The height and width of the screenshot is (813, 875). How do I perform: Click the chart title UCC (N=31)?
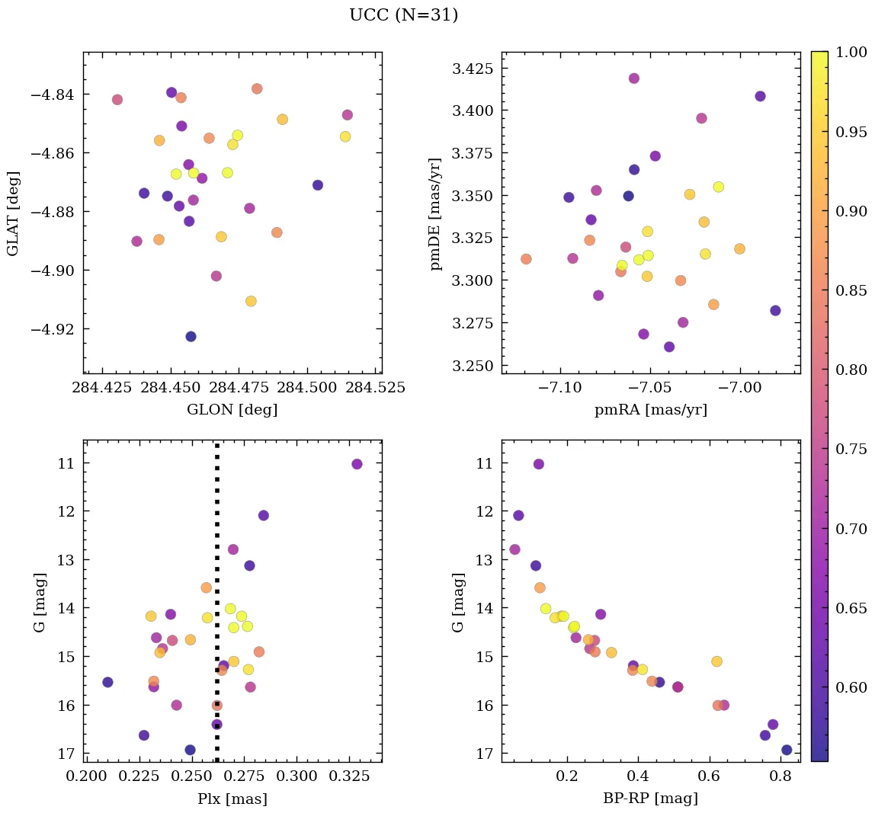click(403, 15)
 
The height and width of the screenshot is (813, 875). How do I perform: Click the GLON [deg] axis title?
click(232, 410)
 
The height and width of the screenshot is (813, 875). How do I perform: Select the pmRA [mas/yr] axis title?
click(650, 410)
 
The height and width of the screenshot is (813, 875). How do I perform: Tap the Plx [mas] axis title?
click(232, 799)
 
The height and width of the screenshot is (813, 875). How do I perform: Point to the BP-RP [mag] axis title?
click(650, 799)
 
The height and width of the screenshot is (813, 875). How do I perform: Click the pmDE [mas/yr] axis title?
click(435, 213)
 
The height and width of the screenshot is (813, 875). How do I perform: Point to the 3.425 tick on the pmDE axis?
click(473, 69)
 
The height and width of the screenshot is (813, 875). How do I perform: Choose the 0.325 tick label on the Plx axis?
click(355, 776)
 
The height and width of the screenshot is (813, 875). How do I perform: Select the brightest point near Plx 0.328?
click(357, 464)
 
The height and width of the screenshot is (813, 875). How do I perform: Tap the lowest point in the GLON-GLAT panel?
click(191, 336)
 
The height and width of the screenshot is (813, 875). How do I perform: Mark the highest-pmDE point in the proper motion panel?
click(633, 78)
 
